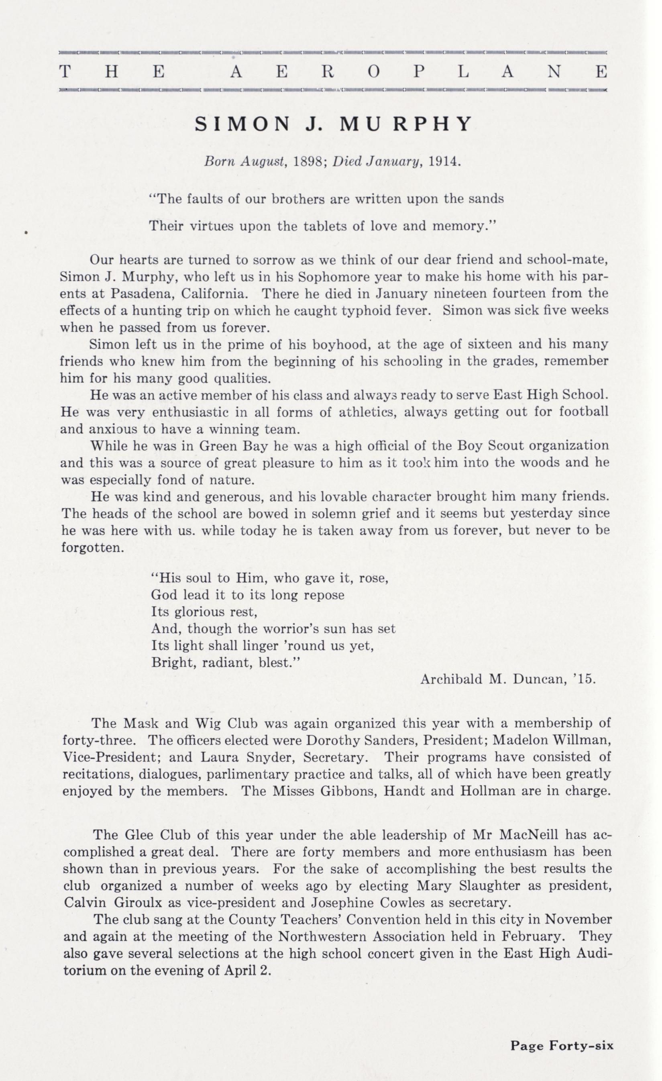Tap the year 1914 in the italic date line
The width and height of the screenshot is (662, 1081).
point(444,161)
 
